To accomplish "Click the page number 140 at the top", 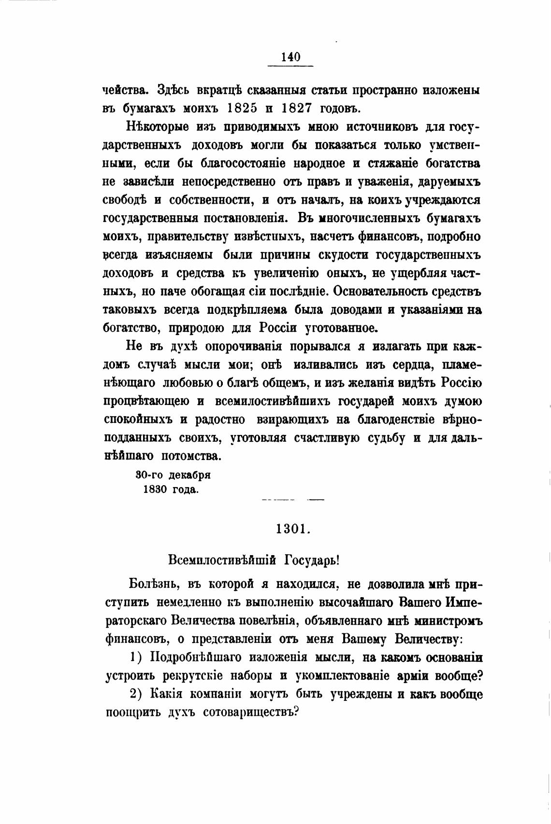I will coord(290,57).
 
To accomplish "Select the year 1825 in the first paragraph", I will coord(241,107).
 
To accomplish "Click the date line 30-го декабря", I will coord(173,475).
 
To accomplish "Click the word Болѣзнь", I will coord(152,584).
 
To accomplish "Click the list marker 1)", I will coord(138,657).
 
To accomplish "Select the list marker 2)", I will coord(138,694).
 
